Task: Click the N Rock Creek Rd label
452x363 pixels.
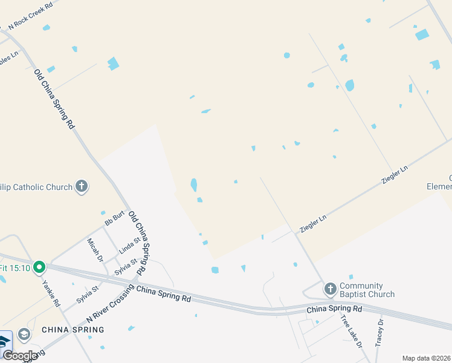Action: tap(30, 15)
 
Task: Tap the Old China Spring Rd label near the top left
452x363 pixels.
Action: tap(54, 98)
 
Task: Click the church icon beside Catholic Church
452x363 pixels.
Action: tap(82, 187)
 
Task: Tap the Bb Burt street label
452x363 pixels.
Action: tap(114, 218)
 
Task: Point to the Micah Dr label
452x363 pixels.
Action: tap(95, 249)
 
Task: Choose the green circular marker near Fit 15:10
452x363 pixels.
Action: tap(39, 266)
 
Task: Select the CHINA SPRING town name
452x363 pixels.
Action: tap(73, 330)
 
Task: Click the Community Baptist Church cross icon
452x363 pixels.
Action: tap(330, 289)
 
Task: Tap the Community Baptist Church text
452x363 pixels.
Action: tap(367, 290)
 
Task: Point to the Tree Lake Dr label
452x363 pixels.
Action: tap(350, 331)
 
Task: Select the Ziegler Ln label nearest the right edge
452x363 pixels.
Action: tap(395, 174)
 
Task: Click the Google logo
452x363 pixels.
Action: tap(19, 355)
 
